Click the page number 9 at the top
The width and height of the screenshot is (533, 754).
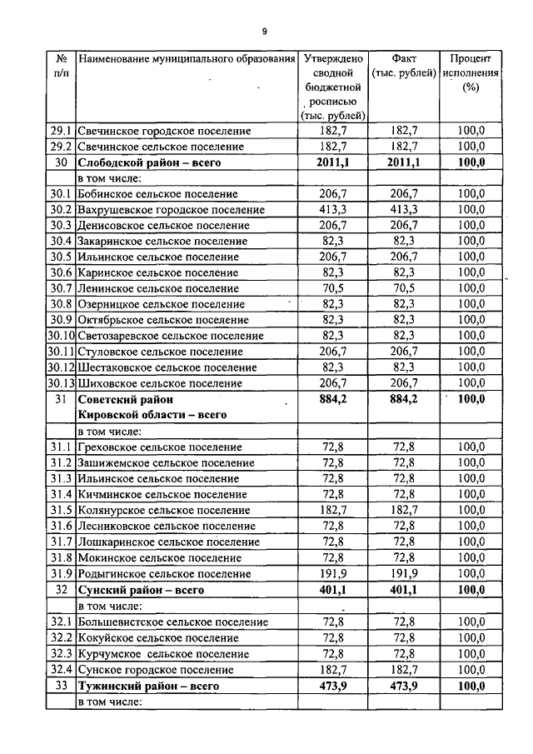click(x=265, y=32)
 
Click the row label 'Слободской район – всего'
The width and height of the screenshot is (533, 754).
click(x=142, y=162)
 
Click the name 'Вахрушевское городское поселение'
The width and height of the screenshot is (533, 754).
click(x=171, y=209)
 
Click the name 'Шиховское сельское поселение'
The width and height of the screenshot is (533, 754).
click(x=160, y=382)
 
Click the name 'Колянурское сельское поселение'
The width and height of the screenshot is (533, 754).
click(x=163, y=510)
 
